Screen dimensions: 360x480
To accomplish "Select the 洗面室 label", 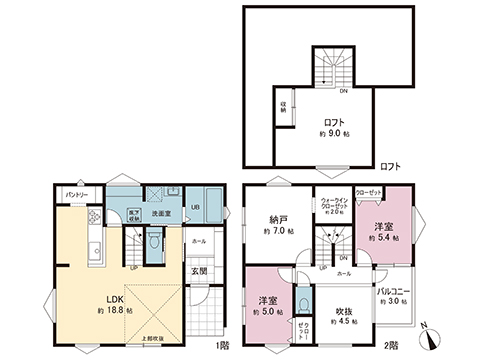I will tap(160, 212).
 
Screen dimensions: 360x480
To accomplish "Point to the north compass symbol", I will tap(429, 337).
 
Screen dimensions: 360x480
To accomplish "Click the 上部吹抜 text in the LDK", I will tap(158, 337).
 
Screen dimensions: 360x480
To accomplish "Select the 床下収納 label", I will tap(132, 212).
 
